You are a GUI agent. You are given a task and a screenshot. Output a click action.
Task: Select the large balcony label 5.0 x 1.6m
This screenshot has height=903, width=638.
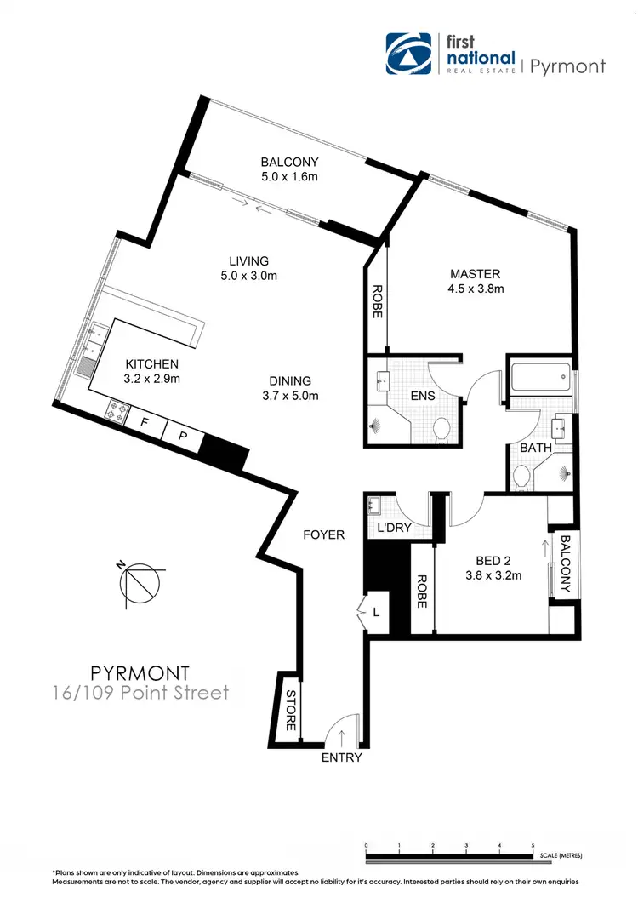pos(289,169)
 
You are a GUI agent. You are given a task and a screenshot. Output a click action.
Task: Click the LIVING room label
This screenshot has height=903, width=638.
pos(248,268)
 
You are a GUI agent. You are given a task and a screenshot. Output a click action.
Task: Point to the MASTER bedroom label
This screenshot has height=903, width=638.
pos(476,281)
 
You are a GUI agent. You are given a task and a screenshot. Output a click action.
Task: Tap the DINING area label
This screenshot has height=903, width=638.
pos(291,388)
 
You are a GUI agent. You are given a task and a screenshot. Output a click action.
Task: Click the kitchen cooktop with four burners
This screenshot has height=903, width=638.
pos(116,411)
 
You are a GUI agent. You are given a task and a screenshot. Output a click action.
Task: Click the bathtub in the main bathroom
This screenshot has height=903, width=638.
pos(541,376)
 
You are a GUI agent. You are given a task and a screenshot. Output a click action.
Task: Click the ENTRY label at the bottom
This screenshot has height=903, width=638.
pos(341,757)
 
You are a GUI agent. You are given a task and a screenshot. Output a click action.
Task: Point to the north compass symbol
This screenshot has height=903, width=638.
pos(137,583)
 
